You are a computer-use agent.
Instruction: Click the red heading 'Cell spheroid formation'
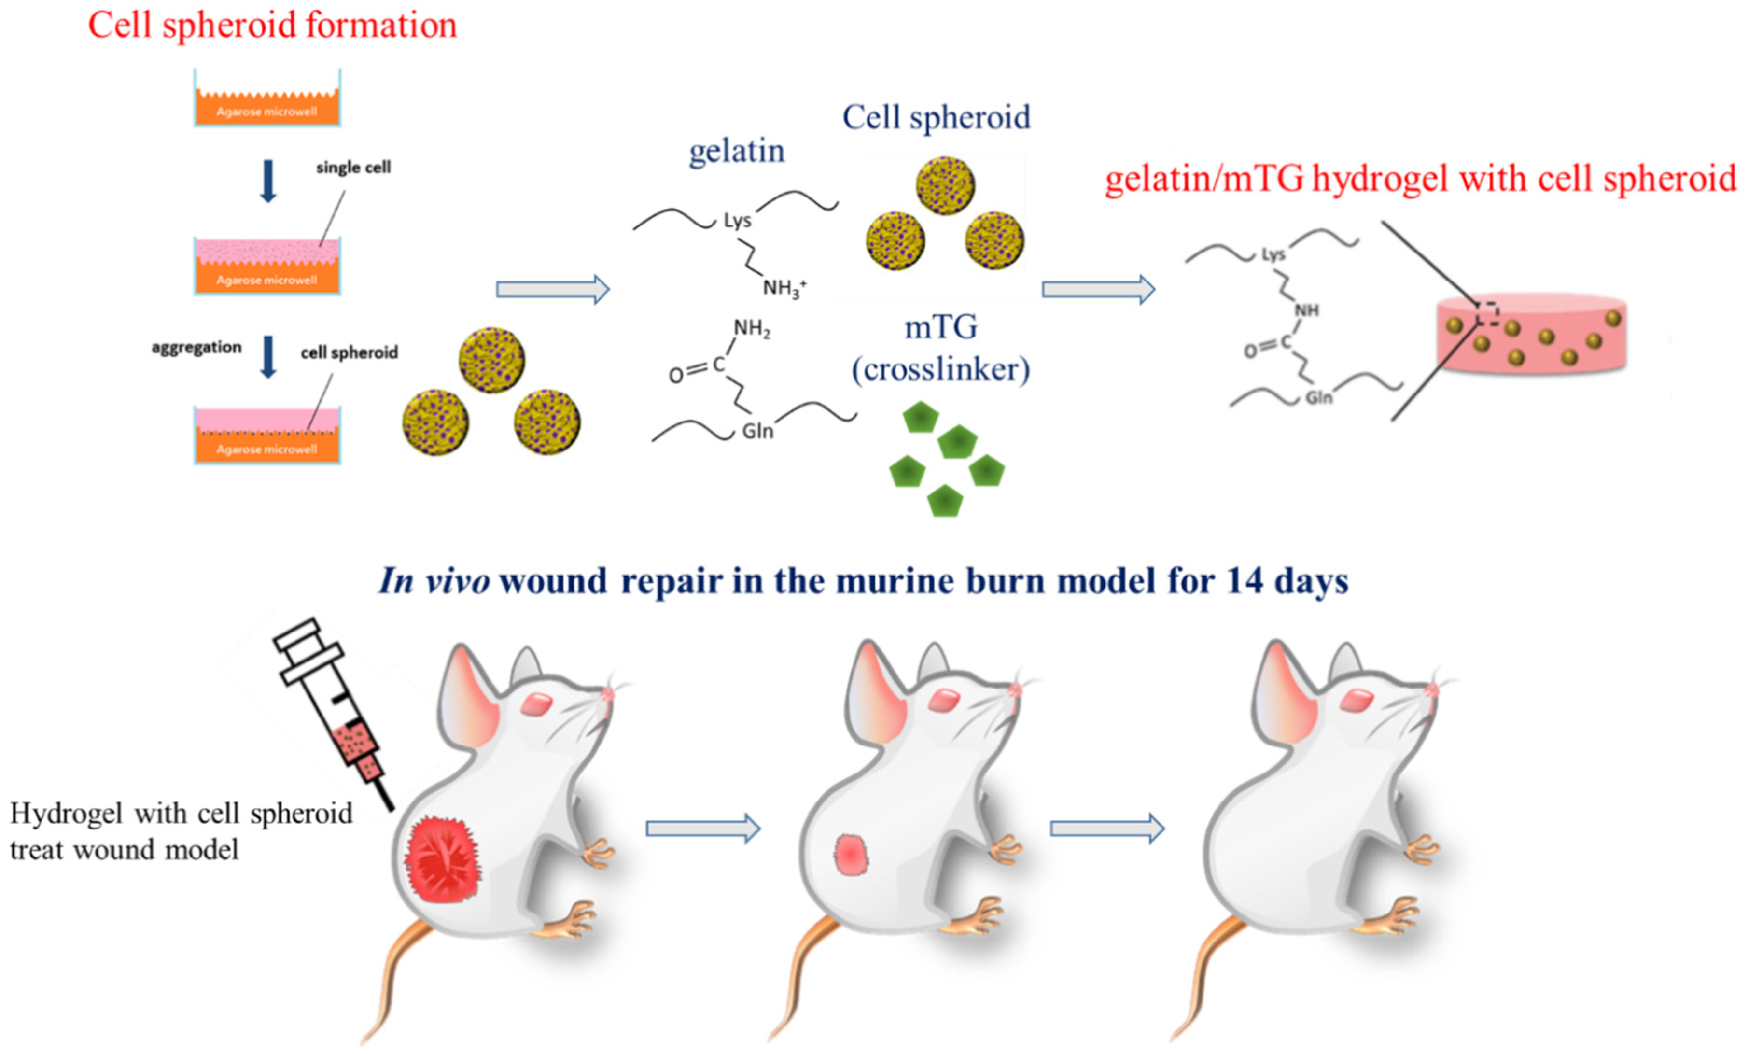[272, 26]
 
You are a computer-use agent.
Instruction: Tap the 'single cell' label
[353, 168]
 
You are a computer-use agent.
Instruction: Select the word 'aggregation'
[196, 348]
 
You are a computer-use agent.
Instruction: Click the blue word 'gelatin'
[737, 151]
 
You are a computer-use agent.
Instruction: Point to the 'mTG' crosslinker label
[940, 327]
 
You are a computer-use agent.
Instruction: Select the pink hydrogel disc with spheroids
[1531, 334]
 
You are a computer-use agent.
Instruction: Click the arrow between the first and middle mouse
[703, 829]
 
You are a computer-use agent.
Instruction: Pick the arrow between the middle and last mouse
[1107, 829]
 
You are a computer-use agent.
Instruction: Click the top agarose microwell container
[267, 99]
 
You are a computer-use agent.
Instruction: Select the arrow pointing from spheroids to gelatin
[553, 289]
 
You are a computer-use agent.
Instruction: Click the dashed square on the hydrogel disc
[1488, 312]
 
